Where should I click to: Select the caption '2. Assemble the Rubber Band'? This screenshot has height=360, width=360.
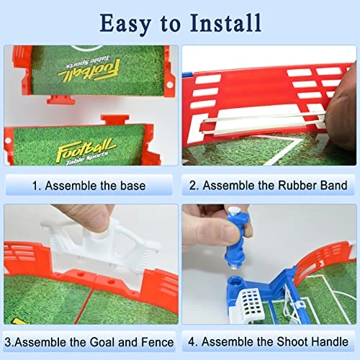[269, 185]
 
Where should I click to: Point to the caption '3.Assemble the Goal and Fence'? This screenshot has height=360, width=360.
[91, 341]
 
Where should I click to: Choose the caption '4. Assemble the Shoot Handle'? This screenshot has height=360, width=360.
[269, 341]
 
